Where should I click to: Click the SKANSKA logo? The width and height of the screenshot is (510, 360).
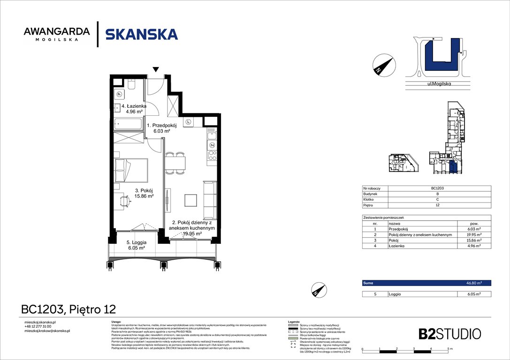141,34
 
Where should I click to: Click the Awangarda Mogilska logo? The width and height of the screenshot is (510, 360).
57,34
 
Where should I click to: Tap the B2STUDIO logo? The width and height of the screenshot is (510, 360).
449,334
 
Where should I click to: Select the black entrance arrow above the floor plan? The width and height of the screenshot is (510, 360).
156,70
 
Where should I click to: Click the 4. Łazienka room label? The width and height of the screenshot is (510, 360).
134,109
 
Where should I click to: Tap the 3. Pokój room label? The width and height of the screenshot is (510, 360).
144,193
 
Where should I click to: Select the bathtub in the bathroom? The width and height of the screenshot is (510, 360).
129,125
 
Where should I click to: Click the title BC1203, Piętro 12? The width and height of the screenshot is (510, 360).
69,309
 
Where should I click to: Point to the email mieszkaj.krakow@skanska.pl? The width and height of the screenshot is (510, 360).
47,331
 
